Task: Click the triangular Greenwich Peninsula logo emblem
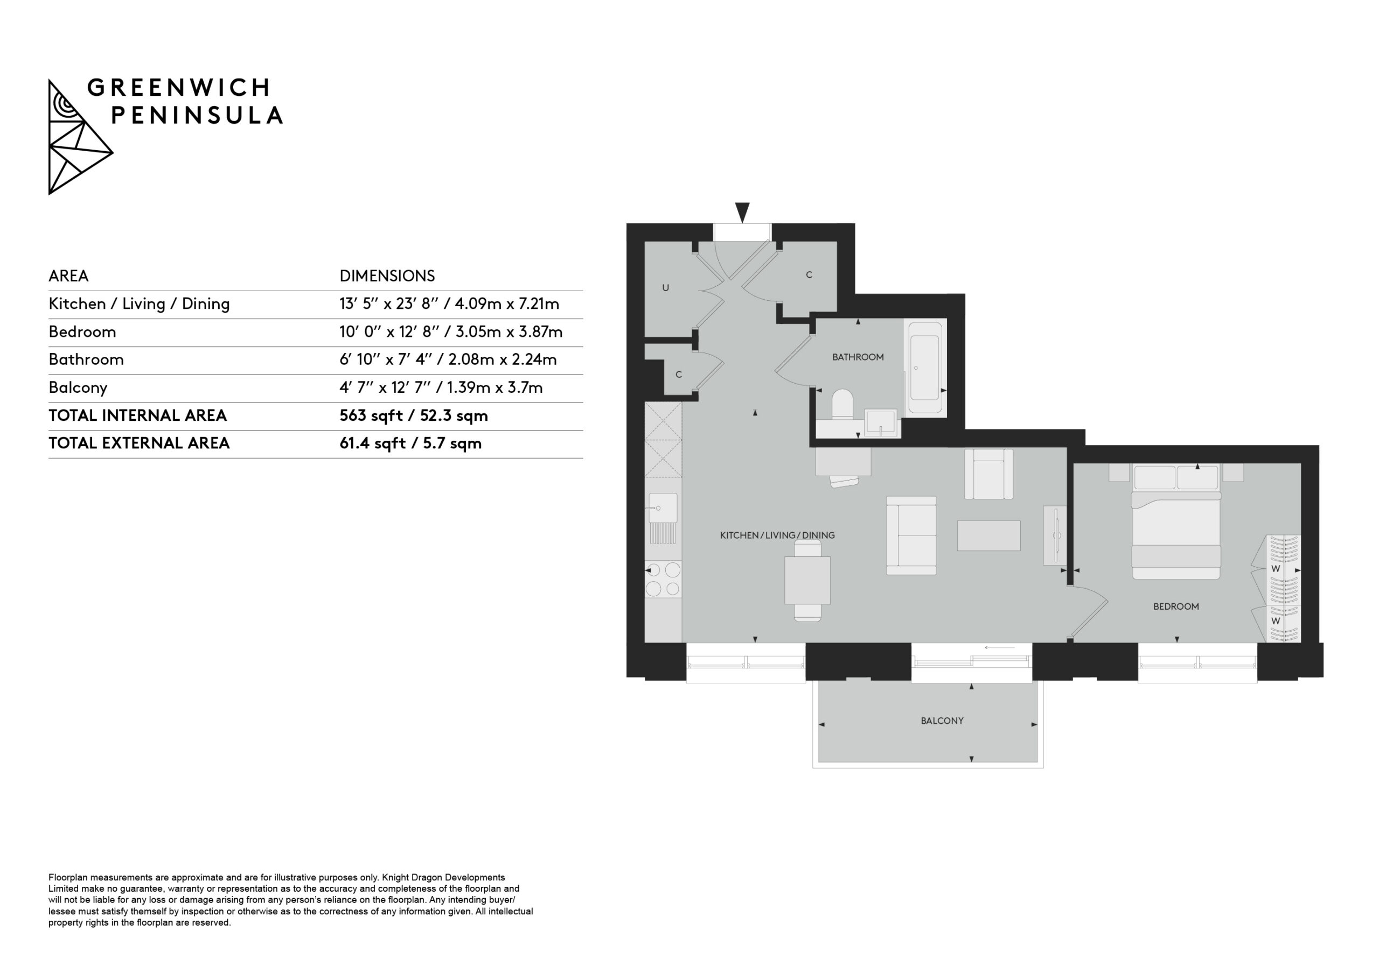point(79,137)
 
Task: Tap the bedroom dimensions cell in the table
point(450,332)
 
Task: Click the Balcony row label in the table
point(78,387)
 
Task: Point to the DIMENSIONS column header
point(387,276)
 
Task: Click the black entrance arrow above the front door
point(742,213)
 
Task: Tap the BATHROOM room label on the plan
point(858,357)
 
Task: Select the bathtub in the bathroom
point(925,368)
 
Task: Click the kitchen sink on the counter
point(663,509)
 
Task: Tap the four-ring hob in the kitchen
point(663,579)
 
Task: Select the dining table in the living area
point(808,580)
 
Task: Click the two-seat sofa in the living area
point(911,535)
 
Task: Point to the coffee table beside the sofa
point(988,535)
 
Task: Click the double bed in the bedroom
point(1176,522)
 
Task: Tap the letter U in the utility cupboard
point(665,288)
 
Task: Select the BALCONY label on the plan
point(942,721)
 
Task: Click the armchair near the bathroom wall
point(988,474)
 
